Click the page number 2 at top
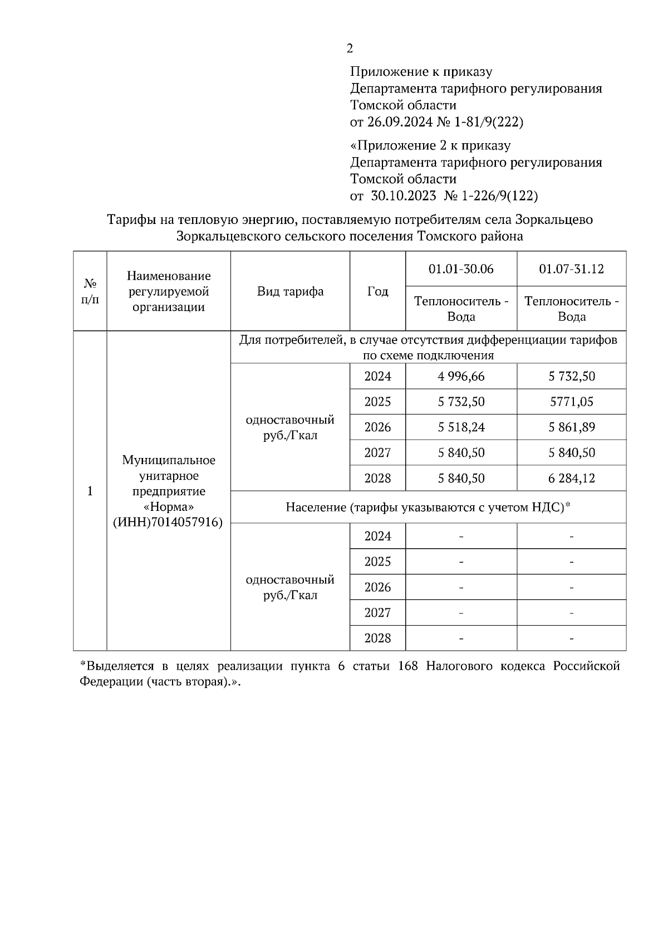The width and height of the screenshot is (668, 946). click(350, 49)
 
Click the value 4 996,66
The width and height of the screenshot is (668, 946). click(461, 377)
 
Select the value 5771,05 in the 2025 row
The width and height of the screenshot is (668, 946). click(572, 402)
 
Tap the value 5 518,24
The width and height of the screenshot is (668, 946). click(461, 428)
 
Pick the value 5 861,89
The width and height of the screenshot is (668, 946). click(572, 428)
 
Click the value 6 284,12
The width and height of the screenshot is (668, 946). click(572, 479)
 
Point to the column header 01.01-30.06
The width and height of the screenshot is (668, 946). click(461, 269)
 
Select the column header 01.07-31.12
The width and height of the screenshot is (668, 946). click(572, 269)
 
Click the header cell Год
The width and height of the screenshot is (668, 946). click(377, 292)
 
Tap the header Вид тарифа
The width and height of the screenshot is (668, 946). click(290, 292)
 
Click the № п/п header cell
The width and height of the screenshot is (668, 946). click(90, 292)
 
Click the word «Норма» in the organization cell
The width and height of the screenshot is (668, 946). click(168, 507)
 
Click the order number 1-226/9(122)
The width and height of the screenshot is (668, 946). click(499, 196)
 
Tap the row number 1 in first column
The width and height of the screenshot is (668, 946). click(90, 491)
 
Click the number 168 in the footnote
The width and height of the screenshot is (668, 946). click(408, 667)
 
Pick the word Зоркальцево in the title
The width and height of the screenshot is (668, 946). click(554, 220)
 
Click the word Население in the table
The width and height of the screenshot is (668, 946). click(315, 508)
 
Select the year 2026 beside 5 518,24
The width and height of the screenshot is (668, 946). click(377, 428)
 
